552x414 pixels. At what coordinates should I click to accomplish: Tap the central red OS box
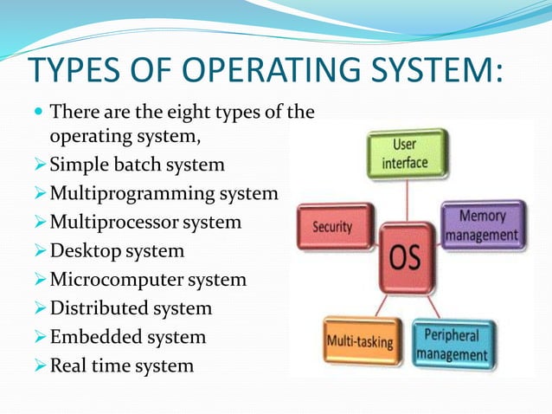tap(406, 257)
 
